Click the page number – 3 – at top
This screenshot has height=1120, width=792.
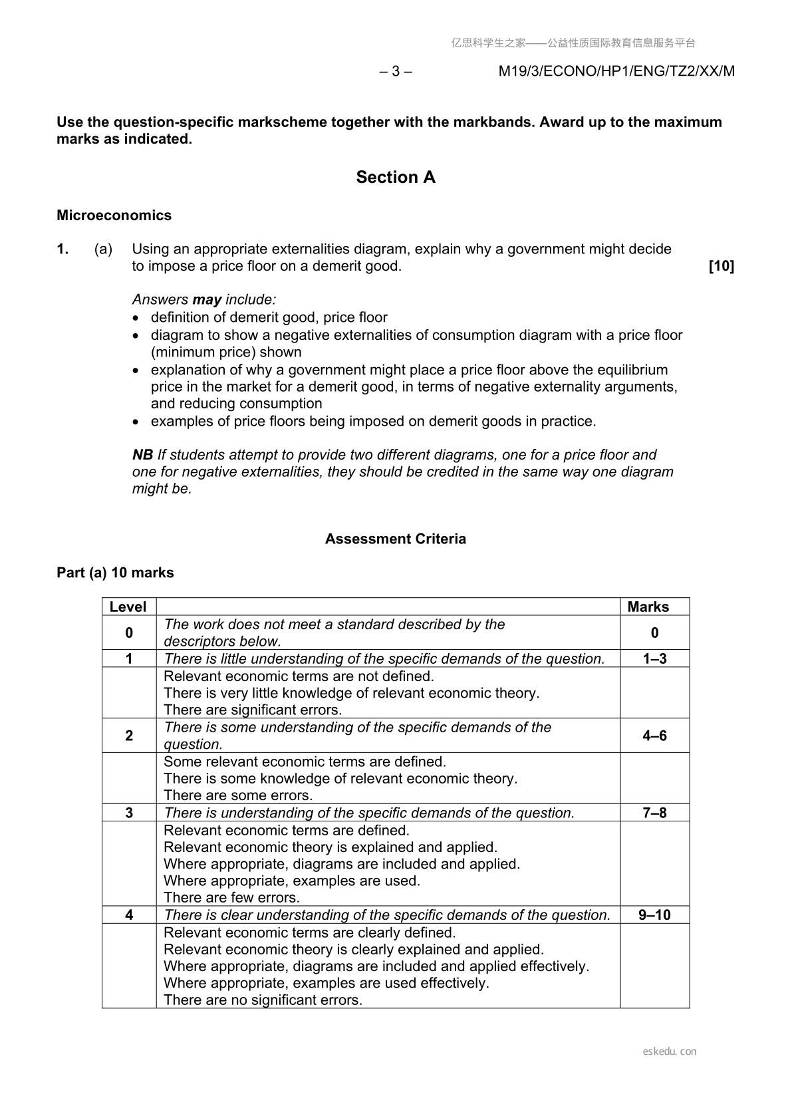[396, 71]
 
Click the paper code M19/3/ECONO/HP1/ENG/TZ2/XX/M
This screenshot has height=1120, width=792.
[616, 71]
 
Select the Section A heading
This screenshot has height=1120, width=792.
[396, 177]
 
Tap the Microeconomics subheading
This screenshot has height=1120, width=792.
[114, 215]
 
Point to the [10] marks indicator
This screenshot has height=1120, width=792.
[722, 266]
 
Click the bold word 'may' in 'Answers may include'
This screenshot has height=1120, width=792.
[207, 300]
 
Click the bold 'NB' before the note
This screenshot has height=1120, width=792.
[142, 455]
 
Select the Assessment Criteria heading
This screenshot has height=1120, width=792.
[396, 539]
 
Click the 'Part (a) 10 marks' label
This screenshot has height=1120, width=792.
[115, 573]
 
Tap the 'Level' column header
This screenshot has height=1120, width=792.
[128, 607]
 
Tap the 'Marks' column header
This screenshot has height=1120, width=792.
[648, 607]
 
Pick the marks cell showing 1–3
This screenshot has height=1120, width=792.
[654, 658]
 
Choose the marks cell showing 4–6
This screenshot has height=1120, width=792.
[654, 736]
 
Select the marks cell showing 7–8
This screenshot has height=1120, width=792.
[654, 813]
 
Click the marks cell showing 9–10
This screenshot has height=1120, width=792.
[654, 915]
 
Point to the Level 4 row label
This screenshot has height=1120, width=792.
[129, 915]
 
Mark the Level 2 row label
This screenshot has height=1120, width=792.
[129, 736]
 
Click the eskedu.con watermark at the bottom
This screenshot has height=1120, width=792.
[670, 1051]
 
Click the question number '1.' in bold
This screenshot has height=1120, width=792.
[63, 249]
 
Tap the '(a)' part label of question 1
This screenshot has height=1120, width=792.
[103, 249]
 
